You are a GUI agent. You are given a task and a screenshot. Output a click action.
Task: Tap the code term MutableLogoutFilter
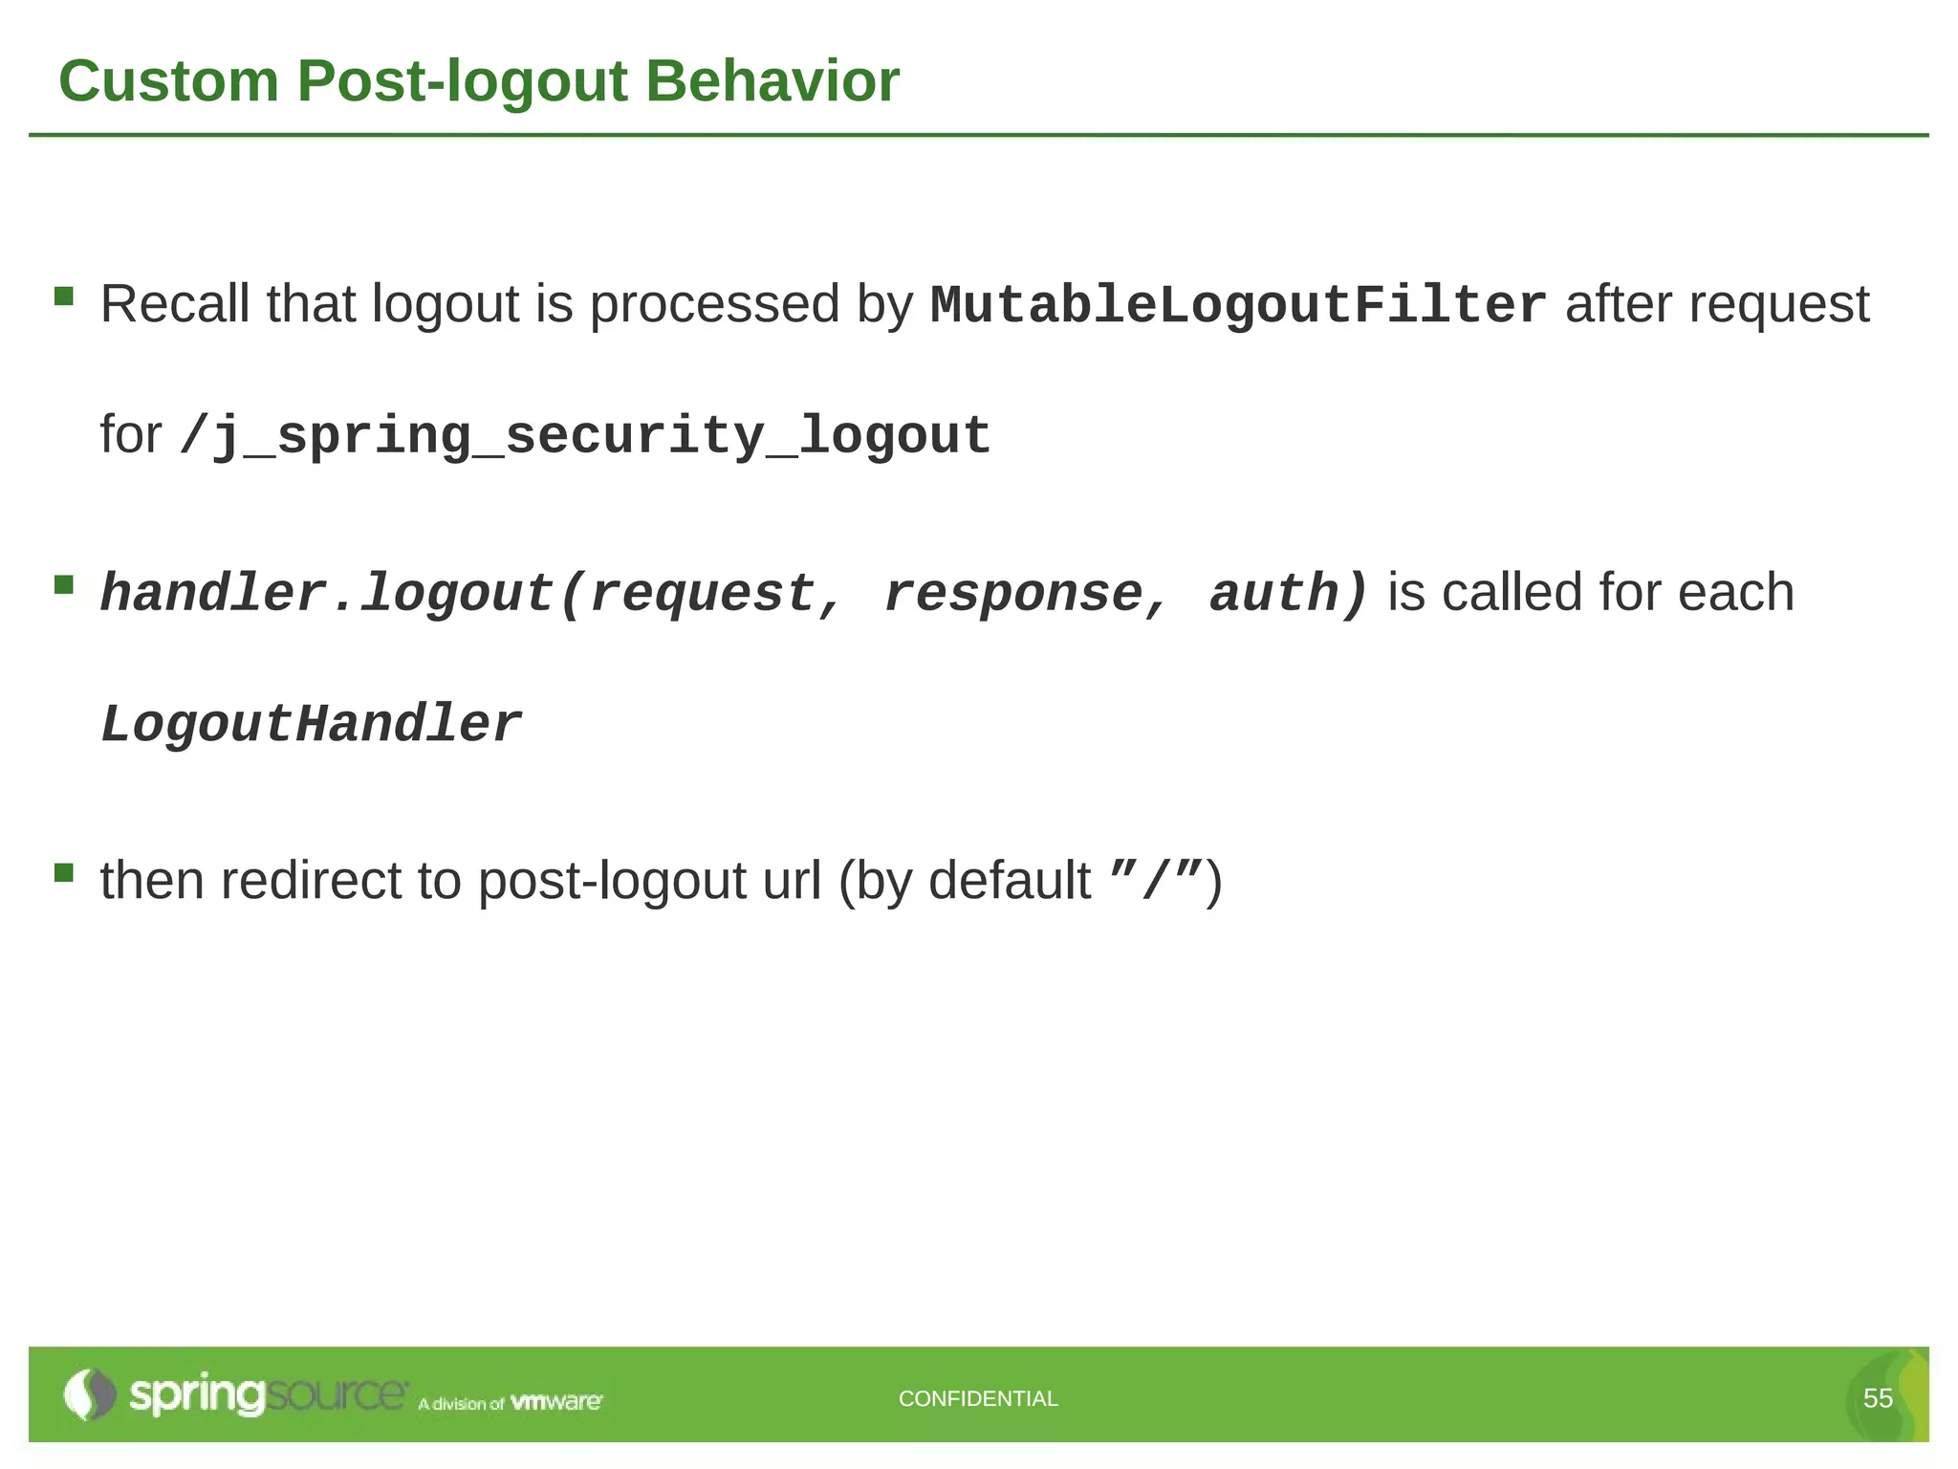pos(1238,306)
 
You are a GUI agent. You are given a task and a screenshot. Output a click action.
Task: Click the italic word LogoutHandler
pos(311,724)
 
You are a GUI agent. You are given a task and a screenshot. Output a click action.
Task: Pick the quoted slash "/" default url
pos(1156,880)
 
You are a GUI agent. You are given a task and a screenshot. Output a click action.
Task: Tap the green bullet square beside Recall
pos(64,296)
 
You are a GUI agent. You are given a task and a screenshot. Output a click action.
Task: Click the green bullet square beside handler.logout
pos(64,584)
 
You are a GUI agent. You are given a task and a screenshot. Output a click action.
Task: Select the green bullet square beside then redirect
pos(64,872)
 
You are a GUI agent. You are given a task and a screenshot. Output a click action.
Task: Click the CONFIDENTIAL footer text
pos(978,1398)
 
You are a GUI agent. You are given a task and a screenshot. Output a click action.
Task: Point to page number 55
pos(1878,1398)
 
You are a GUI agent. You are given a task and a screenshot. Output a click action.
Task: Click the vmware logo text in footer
pos(556,1402)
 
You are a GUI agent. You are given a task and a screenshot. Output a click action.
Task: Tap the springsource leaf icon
pos(88,1394)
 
